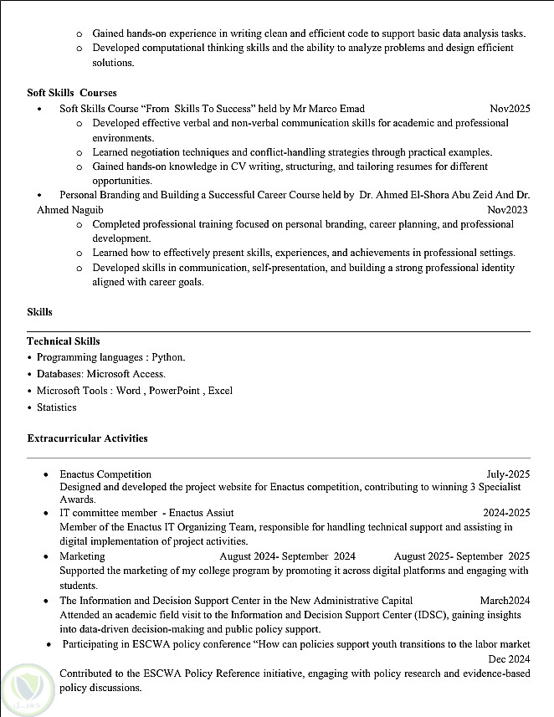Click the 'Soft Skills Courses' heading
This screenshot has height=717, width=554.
coord(72,92)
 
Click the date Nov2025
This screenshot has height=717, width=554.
coord(510,109)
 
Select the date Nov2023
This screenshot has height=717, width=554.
coord(507,209)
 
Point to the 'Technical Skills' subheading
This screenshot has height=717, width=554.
coord(64,341)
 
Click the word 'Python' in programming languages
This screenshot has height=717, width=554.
coord(167,357)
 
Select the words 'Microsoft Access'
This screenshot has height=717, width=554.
coord(126,374)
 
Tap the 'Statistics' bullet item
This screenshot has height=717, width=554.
coord(56,407)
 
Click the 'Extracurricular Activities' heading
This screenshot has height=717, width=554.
coord(87,438)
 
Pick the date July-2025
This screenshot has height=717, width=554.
coord(508,474)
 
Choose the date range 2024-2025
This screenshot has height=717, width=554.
coord(505,512)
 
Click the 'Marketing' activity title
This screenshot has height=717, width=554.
coord(82,556)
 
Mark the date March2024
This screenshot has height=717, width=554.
coord(505,601)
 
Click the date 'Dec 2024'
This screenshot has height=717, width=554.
coord(509,658)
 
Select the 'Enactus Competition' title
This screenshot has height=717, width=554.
coord(105,474)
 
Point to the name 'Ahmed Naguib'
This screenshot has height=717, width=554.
coord(65,209)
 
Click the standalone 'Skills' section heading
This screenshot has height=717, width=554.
coord(39,312)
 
